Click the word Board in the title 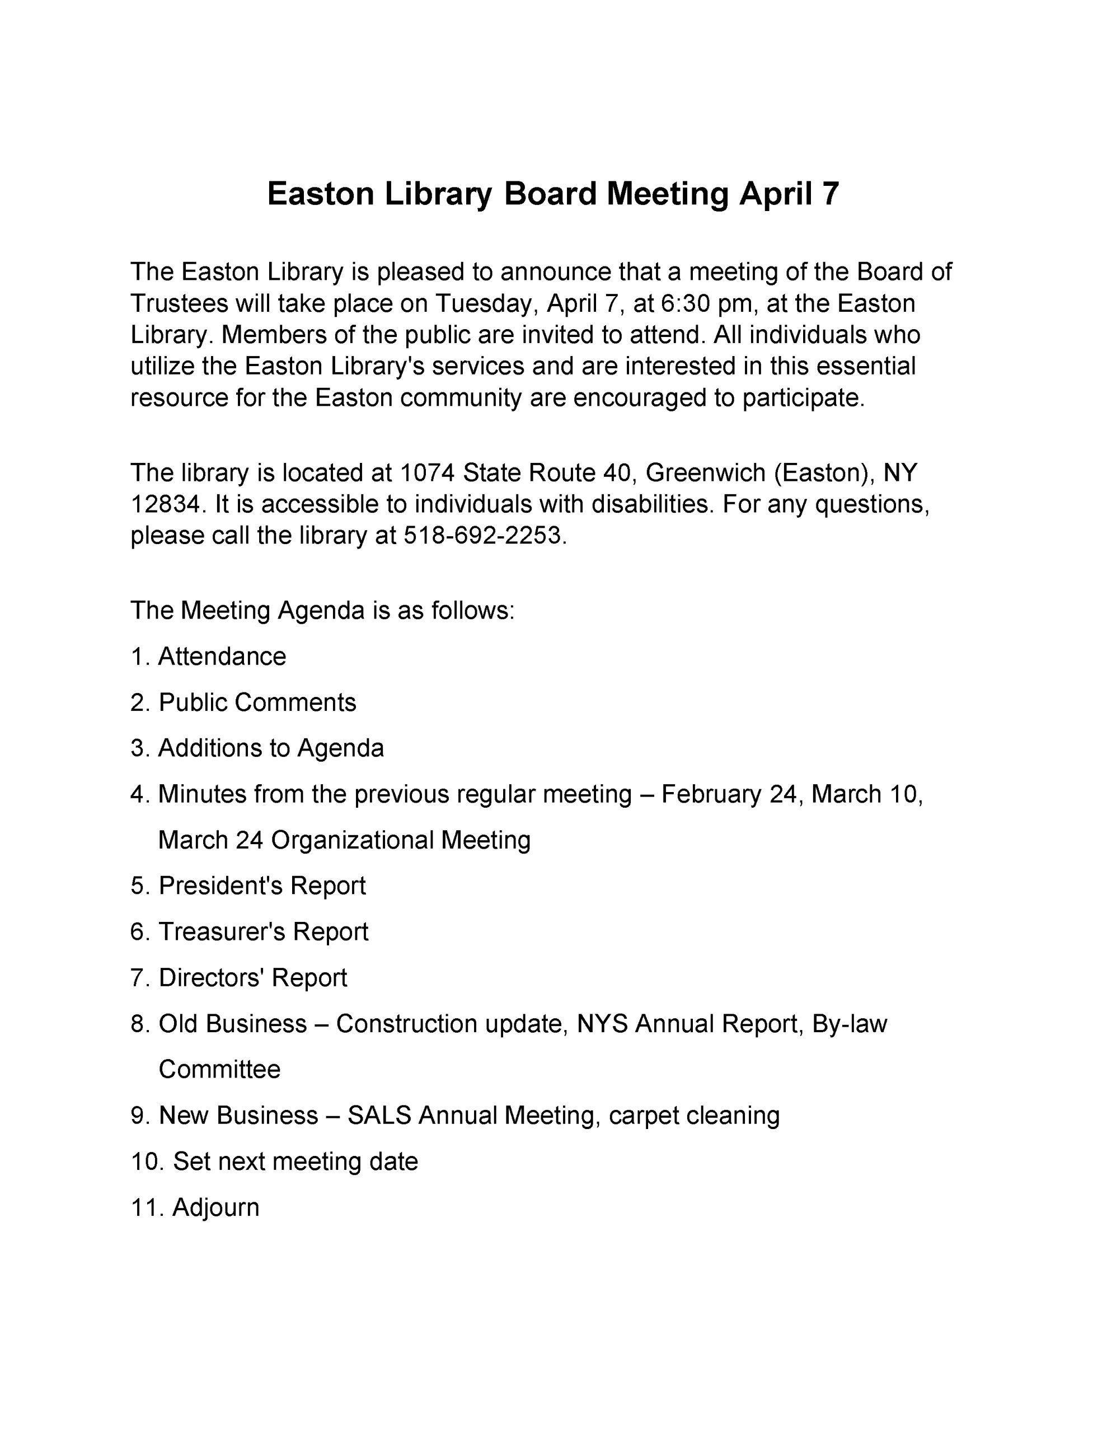(550, 194)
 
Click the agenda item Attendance (222, 656)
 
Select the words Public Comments (257, 702)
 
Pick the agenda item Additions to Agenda (271, 748)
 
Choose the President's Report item (262, 886)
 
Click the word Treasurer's (221, 931)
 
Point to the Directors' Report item (252, 978)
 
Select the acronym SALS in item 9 (379, 1116)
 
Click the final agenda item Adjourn (215, 1207)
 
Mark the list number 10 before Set (144, 1162)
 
